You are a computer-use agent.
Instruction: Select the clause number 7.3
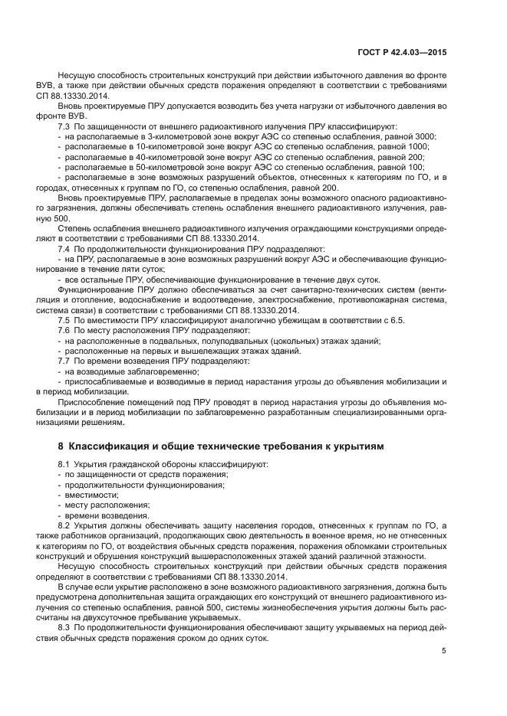pos(65,125)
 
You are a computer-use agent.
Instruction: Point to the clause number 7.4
pos(65,249)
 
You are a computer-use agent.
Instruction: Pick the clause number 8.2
pos(65,525)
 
